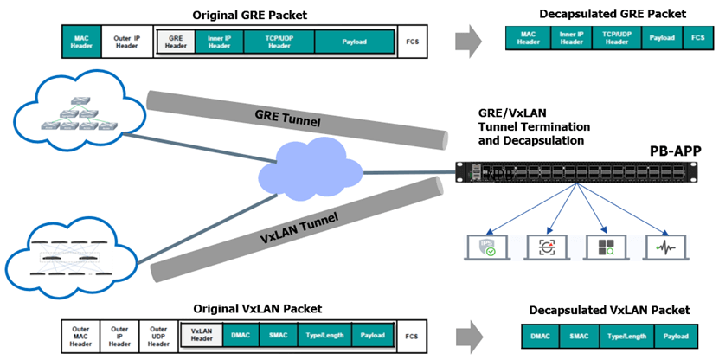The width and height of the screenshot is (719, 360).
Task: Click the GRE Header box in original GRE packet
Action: click(x=177, y=42)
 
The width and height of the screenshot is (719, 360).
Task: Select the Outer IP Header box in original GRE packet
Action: click(x=126, y=42)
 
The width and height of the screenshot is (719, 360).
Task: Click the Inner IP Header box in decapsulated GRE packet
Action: click(x=570, y=38)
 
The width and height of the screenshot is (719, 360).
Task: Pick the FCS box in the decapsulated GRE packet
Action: click(x=697, y=38)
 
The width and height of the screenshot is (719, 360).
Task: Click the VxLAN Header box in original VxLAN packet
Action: click(x=200, y=335)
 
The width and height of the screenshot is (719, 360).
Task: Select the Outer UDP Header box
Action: click(x=158, y=335)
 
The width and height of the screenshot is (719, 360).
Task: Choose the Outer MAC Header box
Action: click(x=80, y=335)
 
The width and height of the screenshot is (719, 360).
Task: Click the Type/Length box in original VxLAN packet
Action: click(x=319, y=335)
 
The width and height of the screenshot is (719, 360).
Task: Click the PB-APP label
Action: click(x=676, y=151)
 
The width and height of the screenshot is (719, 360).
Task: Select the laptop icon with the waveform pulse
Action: click(x=665, y=247)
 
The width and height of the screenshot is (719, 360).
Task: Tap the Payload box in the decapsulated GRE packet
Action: click(x=662, y=38)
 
